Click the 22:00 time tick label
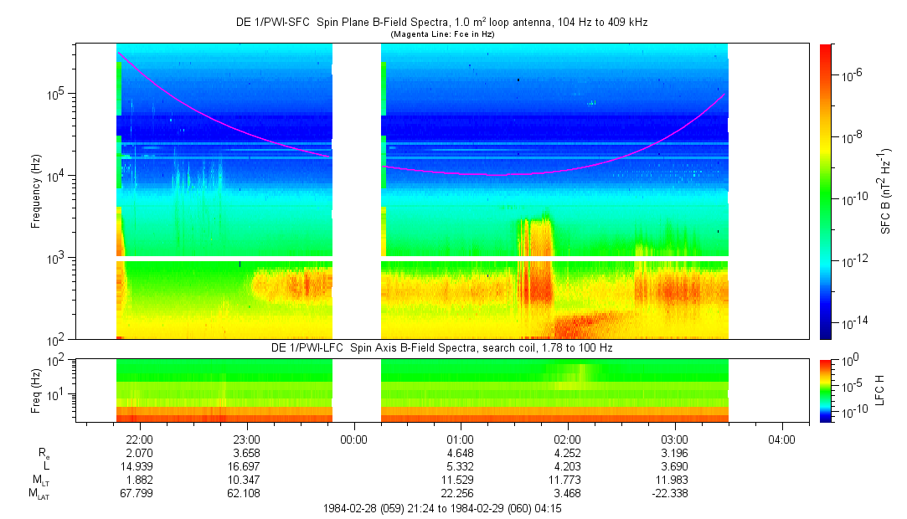point(139,439)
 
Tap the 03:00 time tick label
point(675,439)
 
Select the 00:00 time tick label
point(353,439)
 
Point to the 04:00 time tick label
point(782,439)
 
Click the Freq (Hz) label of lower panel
point(36,389)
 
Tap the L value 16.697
point(246,465)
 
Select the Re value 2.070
point(139,452)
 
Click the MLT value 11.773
point(568,479)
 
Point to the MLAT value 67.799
point(139,493)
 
